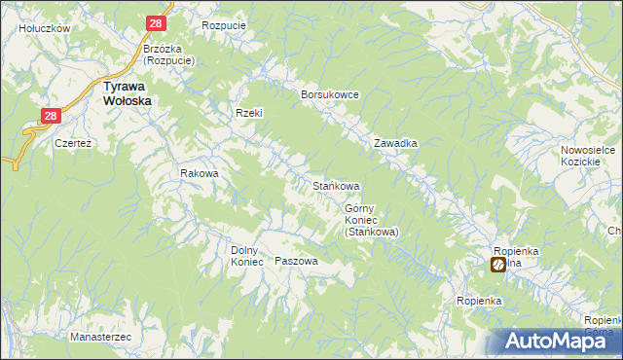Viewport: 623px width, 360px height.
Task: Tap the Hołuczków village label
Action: [45, 29]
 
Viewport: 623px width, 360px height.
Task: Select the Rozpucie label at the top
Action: [222, 25]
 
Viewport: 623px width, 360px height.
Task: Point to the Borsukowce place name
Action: [331, 94]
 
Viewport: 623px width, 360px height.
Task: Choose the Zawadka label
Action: [396, 143]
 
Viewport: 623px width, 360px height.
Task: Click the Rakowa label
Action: [199, 174]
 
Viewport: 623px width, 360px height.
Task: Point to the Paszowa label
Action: [297, 262]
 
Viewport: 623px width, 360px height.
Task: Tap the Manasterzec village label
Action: [101, 337]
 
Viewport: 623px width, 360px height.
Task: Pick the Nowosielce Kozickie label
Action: [585, 156]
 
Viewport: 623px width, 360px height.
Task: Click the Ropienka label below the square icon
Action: [478, 302]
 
